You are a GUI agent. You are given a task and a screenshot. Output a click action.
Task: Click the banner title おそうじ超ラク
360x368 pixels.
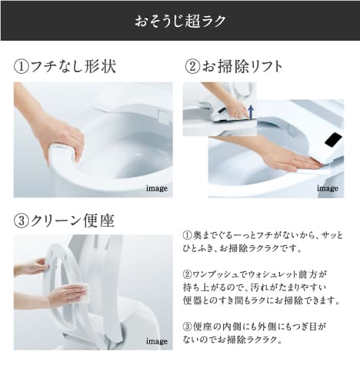pos(180,21)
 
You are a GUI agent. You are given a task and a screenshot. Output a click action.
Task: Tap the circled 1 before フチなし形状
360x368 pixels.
pos(22,67)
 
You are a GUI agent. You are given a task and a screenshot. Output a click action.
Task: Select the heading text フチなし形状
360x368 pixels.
pos(73,67)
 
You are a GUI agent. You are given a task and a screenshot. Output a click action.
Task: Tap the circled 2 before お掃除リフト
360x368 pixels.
pos(193,67)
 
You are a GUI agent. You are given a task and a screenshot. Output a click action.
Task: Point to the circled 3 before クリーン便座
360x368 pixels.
pos(22,221)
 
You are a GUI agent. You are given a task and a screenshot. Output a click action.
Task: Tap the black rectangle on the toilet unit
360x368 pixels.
pos(333,140)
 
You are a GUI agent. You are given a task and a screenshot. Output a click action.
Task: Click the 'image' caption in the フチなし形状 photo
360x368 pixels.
pos(157,187)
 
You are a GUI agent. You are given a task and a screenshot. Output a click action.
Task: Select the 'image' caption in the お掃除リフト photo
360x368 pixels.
pos(328,187)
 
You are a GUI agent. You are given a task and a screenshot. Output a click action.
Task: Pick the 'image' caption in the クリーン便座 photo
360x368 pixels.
pos(157,340)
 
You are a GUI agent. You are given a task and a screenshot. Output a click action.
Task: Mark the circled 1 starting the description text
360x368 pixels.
pos(187,235)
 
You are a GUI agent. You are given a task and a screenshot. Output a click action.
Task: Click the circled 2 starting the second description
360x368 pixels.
pos(187,274)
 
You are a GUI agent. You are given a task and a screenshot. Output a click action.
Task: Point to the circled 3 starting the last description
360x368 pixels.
pos(187,326)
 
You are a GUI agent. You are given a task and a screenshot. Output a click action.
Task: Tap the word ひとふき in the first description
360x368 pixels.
pos(202,249)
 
